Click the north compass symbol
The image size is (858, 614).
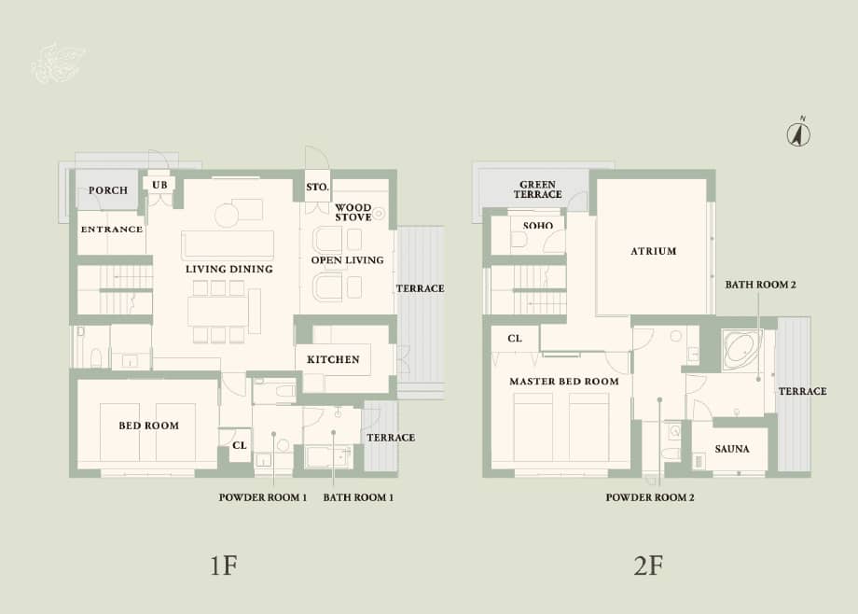[x=798, y=133]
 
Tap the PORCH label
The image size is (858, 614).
[x=108, y=190]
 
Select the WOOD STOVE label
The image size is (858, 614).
[x=353, y=212]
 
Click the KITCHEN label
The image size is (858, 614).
[x=333, y=359]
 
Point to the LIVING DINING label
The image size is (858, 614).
[x=228, y=269]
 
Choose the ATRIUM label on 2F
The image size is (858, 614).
[x=653, y=251]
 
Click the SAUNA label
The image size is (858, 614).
[x=731, y=449]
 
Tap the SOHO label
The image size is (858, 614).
[x=537, y=226]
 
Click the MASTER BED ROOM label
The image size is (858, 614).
[x=563, y=382]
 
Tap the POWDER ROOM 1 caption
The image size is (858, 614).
[x=263, y=497]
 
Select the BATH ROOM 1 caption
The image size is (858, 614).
[x=358, y=497]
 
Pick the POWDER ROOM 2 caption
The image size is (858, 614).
[x=650, y=497]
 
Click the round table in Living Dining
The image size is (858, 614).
[x=227, y=216]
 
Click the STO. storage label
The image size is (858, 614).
[x=317, y=188]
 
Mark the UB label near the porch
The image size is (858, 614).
[x=159, y=185]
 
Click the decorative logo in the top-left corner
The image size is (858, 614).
[x=58, y=62]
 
